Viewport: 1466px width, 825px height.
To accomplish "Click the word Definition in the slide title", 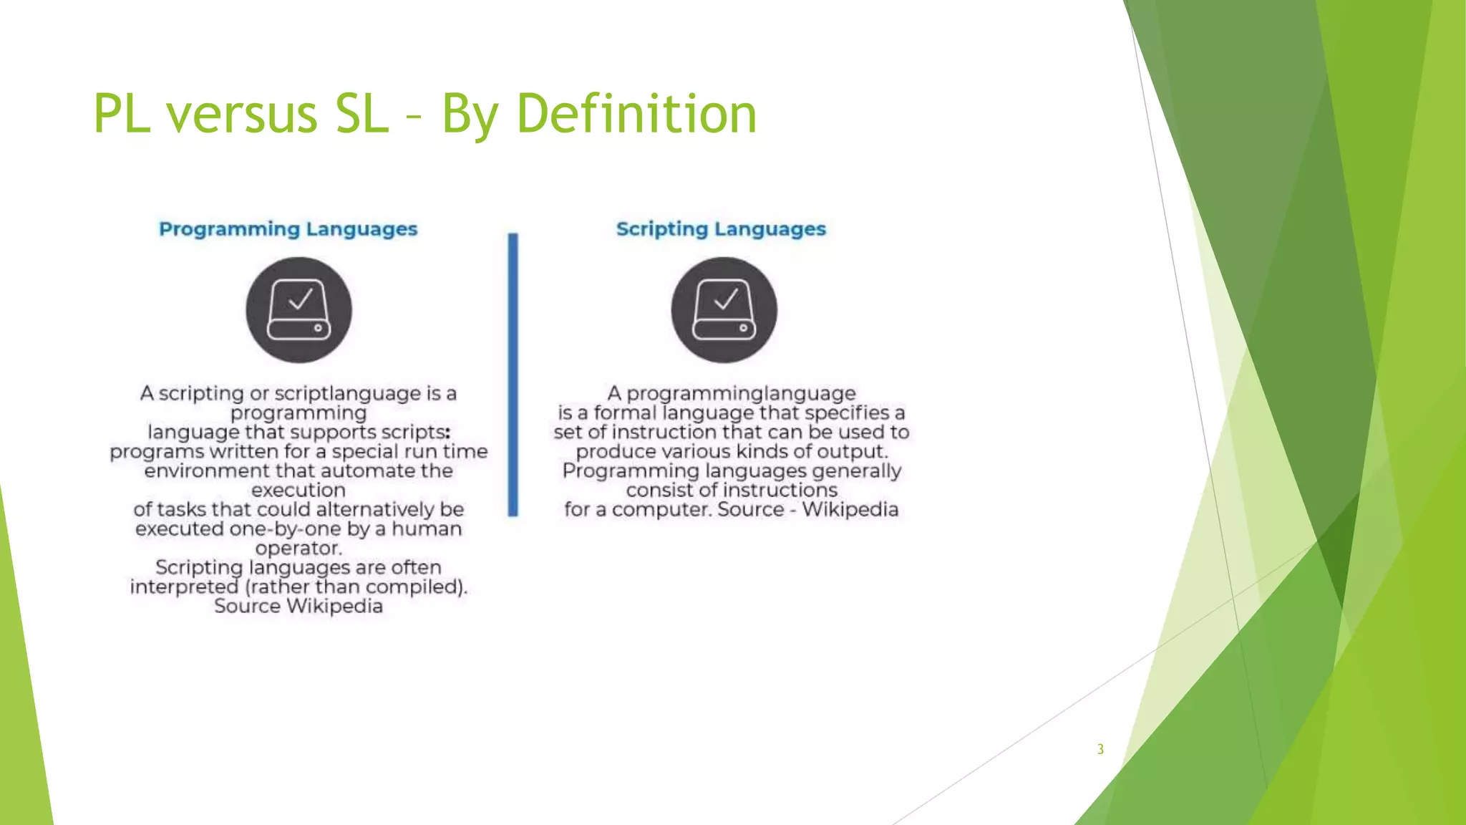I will click(636, 114).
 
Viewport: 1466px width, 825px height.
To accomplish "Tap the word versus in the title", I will click(242, 114).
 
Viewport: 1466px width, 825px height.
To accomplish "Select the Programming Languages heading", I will click(288, 229).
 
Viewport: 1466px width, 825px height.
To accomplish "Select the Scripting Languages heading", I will click(721, 229).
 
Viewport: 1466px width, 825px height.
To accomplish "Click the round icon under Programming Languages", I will click(298, 310).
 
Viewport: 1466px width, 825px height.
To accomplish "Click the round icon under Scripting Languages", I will click(724, 310).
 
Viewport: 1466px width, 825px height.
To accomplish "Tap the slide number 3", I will click(1100, 749).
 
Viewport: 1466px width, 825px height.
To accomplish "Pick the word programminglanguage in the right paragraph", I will click(741, 393).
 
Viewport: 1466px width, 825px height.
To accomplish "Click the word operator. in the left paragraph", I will click(298, 548).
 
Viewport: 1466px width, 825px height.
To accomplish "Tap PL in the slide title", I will click(122, 114).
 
